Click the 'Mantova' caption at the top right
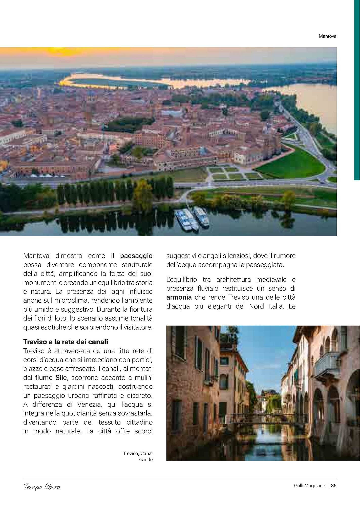327,36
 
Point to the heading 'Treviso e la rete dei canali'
66,342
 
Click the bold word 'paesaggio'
136,256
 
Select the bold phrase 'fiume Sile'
51,378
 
